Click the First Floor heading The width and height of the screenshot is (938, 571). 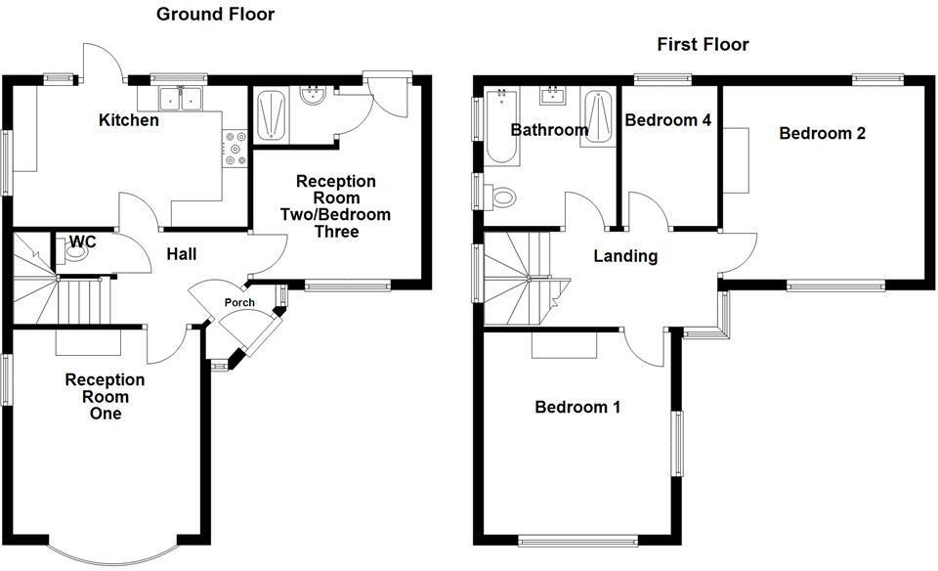[x=703, y=44]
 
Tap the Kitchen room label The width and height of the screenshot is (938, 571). [x=128, y=120]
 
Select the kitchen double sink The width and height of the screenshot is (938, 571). [x=178, y=98]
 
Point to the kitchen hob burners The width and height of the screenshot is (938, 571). [x=235, y=148]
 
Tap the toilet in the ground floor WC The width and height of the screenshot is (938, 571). [x=74, y=253]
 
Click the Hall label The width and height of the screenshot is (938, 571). [x=181, y=254]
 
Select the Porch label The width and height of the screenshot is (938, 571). [x=238, y=303]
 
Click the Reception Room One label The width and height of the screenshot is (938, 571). [x=106, y=396]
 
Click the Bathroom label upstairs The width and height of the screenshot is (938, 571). [x=549, y=129]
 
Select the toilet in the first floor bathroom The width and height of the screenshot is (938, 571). [x=501, y=198]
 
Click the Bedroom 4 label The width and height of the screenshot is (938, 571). [x=667, y=120]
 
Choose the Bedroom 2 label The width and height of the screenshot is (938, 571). [x=822, y=133]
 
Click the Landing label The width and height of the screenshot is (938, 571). [x=625, y=256]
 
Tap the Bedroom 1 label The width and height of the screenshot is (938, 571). [x=577, y=407]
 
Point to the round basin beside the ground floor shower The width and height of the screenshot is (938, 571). [x=314, y=99]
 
